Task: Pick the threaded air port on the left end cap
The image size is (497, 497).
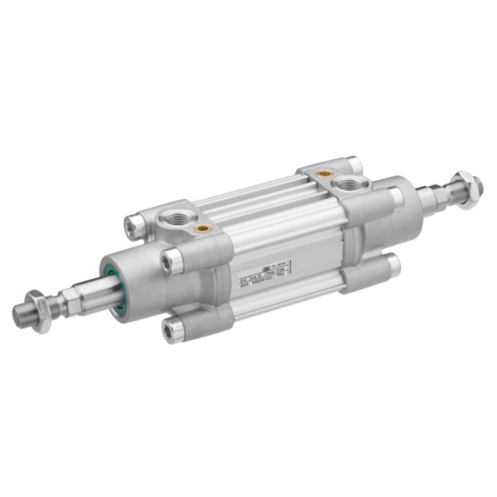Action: tap(170, 219)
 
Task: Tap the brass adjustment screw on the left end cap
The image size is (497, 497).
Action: tap(204, 228)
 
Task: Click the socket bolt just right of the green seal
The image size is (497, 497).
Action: tap(172, 261)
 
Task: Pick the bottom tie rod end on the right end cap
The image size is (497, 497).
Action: tap(388, 267)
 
